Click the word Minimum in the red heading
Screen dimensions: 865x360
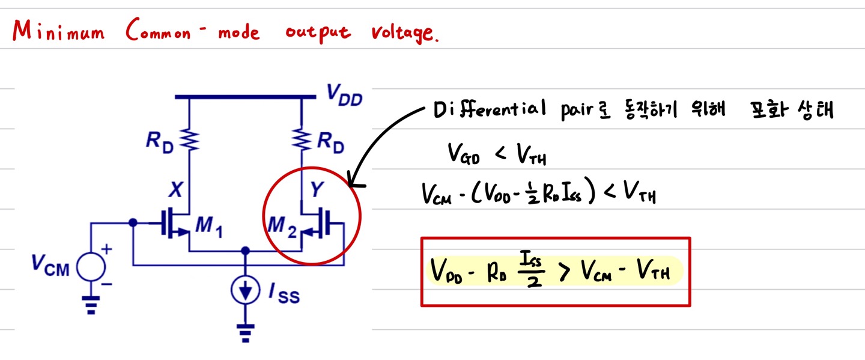[x=57, y=31]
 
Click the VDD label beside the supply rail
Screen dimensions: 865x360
[x=344, y=95]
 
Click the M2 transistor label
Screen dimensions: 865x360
[x=282, y=228]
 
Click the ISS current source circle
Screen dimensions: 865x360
[x=244, y=291]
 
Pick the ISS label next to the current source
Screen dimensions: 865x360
[x=283, y=294]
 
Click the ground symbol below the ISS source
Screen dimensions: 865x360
[x=244, y=331]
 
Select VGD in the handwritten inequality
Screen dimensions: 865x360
[x=463, y=156]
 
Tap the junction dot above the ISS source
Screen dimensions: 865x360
[x=244, y=251]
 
